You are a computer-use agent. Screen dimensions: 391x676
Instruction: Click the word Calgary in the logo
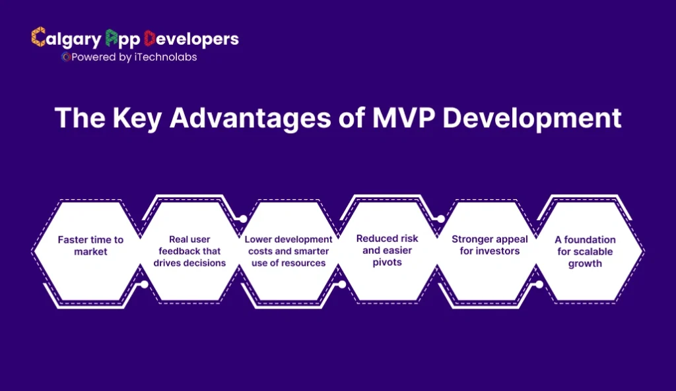[x=65, y=39]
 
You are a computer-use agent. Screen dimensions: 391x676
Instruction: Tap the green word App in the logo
[x=121, y=40]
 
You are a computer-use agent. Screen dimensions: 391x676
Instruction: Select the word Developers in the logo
[x=191, y=39]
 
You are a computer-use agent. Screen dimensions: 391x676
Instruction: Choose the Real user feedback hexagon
[x=189, y=251]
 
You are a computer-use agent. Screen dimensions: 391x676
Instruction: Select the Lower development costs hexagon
[x=288, y=251]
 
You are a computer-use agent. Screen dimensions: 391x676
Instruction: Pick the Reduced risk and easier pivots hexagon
[x=388, y=251]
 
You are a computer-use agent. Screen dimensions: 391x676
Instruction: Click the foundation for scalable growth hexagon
[x=586, y=251]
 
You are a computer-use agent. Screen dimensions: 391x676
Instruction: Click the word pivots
[x=388, y=262]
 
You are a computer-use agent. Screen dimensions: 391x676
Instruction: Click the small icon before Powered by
[x=65, y=57]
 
